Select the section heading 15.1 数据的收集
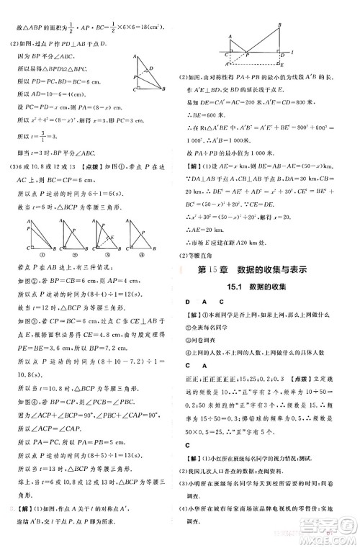262,287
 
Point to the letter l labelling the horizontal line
310,53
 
